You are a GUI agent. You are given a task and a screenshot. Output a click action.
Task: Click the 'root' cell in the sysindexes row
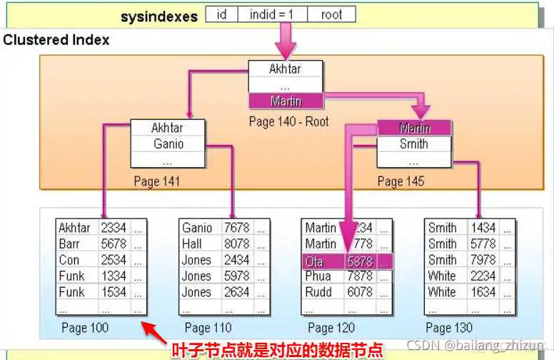pyautogui.click(x=331, y=14)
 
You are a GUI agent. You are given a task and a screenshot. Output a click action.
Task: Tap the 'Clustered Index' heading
pyautogui.click(x=56, y=40)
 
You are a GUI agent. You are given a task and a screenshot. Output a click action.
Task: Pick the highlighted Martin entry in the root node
pyautogui.click(x=286, y=101)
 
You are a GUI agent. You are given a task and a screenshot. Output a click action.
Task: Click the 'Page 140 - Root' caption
pyautogui.click(x=288, y=121)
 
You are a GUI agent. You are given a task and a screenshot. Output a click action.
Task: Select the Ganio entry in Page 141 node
pyautogui.click(x=167, y=144)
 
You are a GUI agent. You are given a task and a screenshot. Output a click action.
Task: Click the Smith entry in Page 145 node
pyautogui.click(x=414, y=144)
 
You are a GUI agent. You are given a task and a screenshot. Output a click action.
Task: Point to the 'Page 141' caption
pyautogui.click(x=157, y=181)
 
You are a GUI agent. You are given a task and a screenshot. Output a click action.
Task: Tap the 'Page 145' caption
pyautogui.click(x=401, y=181)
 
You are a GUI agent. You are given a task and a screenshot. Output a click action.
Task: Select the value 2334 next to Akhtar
pyautogui.click(x=114, y=228)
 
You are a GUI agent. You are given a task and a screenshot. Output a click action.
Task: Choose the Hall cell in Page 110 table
pyautogui.click(x=192, y=244)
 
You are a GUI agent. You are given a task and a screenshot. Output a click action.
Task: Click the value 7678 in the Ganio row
pyautogui.click(x=237, y=228)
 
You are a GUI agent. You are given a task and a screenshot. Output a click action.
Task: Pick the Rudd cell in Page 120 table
pyautogui.click(x=318, y=292)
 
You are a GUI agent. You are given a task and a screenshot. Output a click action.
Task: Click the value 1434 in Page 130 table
pyautogui.click(x=483, y=228)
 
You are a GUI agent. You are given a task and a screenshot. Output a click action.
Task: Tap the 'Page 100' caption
pyautogui.click(x=85, y=328)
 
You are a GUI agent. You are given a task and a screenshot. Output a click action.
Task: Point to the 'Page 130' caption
pyautogui.click(x=449, y=328)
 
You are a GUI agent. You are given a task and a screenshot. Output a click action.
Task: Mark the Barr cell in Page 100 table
pyautogui.click(x=69, y=244)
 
